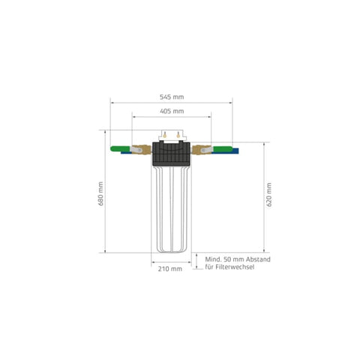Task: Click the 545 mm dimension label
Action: [172, 97]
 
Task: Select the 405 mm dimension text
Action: [172, 111]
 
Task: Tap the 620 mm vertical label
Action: [269, 196]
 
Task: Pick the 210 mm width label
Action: [171, 269]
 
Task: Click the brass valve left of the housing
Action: [141, 151]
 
